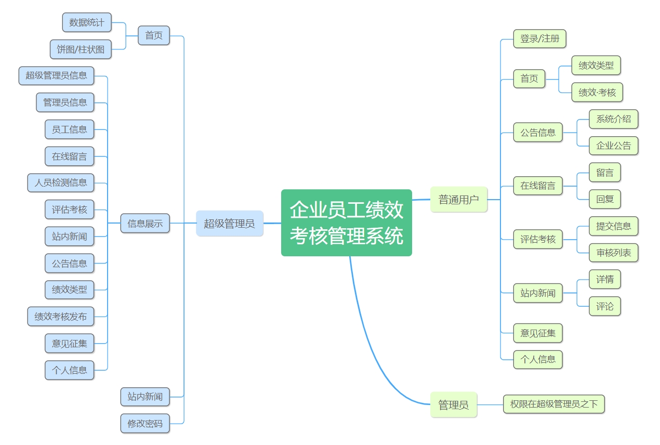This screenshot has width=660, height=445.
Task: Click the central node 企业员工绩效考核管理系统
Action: [x=346, y=222]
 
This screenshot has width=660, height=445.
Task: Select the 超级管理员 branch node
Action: [x=229, y=224]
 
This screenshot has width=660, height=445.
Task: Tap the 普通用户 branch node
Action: [x=458, y=199]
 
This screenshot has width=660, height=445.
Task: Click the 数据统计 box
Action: [x=87, y=22]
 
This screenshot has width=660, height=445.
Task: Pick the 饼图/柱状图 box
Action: [x=81, y=49]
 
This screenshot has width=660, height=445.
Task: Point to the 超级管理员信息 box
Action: [x=56, y=75]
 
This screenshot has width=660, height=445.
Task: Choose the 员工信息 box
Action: [x=69, y=129]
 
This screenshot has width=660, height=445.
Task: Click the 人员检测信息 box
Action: [x=61, y=183]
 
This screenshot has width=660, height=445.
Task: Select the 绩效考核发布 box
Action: [x=61, y=316]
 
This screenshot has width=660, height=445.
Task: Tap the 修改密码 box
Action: [x=145, y=424]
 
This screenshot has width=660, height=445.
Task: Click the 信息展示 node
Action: [x=145, y=224]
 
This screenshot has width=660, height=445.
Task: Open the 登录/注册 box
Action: [x=539, y=39]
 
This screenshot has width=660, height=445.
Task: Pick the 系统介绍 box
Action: [x=613, y=119]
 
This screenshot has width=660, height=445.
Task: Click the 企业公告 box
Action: [x=613, y=146]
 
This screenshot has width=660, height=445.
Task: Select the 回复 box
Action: [x=605, y=199]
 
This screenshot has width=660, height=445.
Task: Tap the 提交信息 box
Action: [x=613, y=226]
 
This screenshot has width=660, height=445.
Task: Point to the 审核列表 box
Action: [x=613, y=253]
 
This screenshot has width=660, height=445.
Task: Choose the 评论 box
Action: [x=605, y=306]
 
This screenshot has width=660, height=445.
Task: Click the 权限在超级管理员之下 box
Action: [x=553, y=404]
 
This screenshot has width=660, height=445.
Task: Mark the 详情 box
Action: [x=605, y=280]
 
